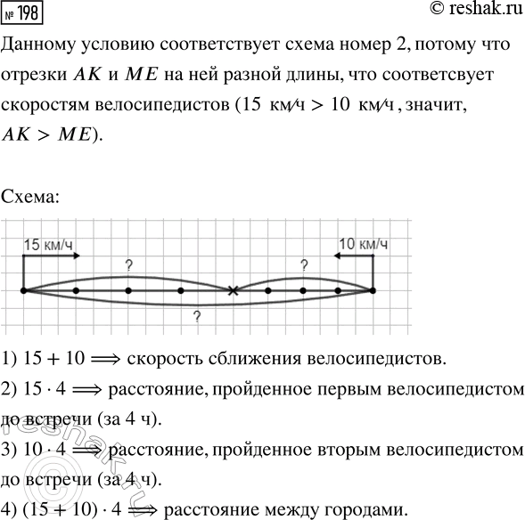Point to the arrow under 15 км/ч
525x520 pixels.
tap(52, 256)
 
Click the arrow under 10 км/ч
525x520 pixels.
tap(355, 256)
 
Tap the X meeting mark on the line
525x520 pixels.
tap(233, 290)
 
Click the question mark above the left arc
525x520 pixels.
tap(128, 264)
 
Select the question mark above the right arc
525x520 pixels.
tap(303, 264)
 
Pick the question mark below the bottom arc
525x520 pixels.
tap(196, 316)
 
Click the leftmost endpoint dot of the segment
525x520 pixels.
tap(23, 290)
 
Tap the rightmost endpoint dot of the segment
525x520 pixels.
tap(373, 290)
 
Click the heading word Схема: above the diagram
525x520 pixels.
tap(32, 196)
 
